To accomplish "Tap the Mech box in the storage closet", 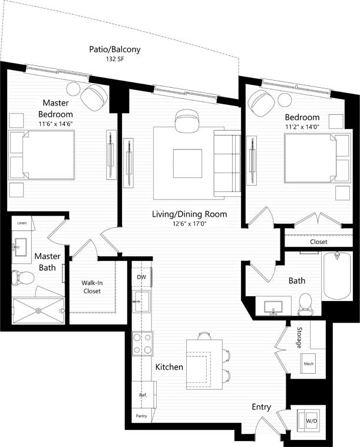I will (308, 364).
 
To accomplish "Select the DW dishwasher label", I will (141, 277).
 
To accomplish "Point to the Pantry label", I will (141, 416).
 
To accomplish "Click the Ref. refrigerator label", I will (143, 395).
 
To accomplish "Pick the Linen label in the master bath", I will (22, 223).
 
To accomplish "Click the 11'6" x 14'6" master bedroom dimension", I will (55, 124).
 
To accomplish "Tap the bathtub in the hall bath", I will (337, 274).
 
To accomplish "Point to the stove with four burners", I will (142, 343).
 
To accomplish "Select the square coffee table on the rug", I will (187, 163).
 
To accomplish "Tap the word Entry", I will (262, 407).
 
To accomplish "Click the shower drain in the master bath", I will (38, 310).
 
